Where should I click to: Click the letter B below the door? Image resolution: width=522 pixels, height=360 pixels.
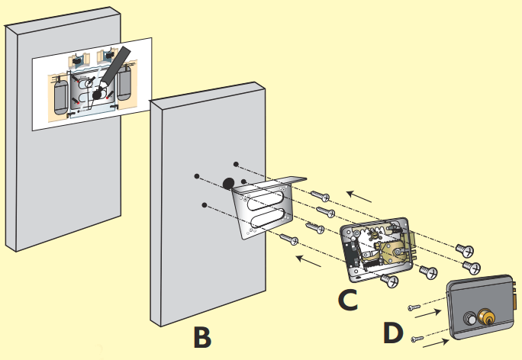[x=201, y=336]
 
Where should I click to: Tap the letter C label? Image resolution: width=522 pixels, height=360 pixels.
[x=347, y=299]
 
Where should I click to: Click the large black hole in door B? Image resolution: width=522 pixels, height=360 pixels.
[x=228, y=183]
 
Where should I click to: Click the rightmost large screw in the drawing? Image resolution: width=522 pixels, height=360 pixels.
[x=468, y=267]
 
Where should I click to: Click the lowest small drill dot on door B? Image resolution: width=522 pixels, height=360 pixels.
[x=205, y=204]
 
